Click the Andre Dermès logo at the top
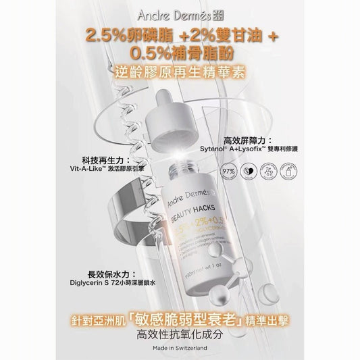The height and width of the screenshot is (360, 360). (x=180, y=14)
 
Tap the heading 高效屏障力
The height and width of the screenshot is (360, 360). (x=247, y=134)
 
